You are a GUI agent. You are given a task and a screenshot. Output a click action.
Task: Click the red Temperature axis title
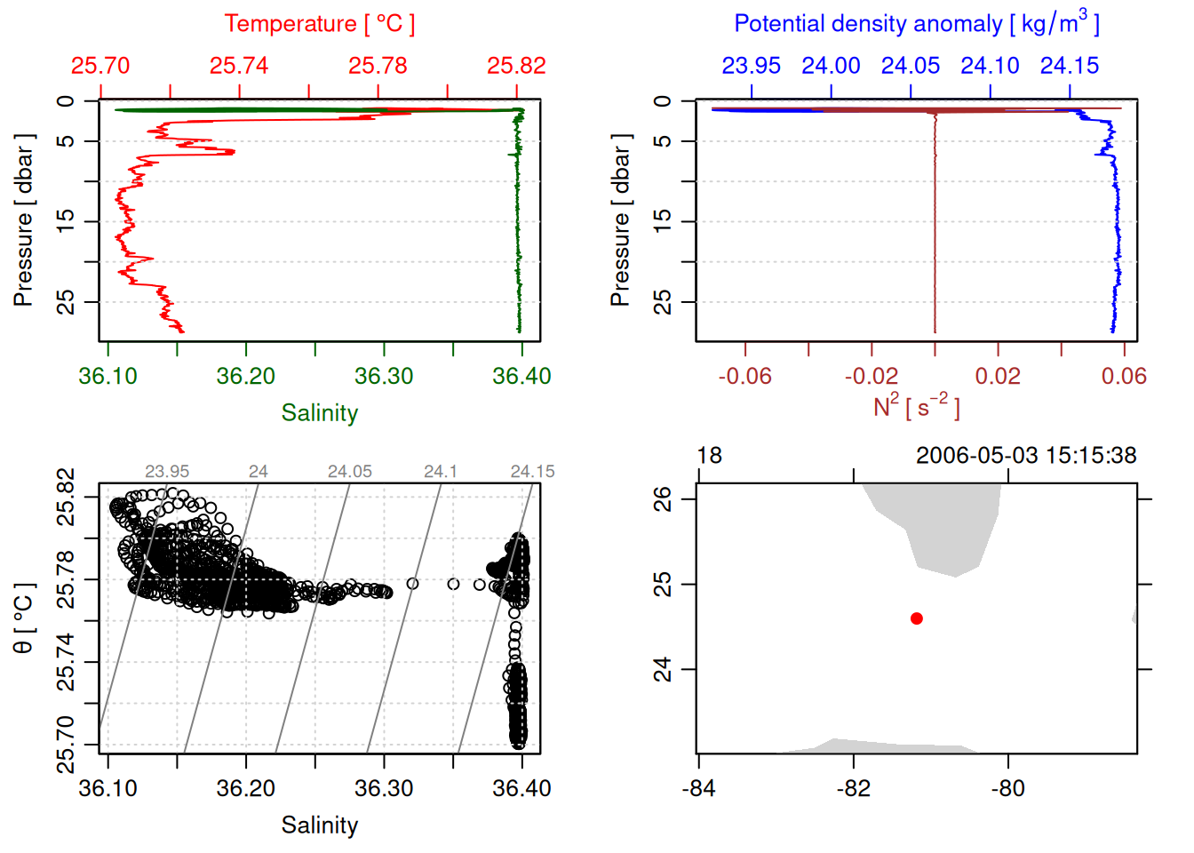[x=319, y=24]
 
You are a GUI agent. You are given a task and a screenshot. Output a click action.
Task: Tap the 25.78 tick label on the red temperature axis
[x=378, y=66]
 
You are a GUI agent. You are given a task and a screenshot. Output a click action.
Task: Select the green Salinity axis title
[x=319, y=413]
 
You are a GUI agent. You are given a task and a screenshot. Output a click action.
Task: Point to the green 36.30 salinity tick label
[x=384, y=377]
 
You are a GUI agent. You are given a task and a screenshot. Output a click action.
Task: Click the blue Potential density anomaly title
[x=916, y=23]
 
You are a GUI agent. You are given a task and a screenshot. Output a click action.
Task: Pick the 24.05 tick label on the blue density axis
[x=911, y=66]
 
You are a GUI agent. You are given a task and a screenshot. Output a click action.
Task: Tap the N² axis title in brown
[x=916, y=407]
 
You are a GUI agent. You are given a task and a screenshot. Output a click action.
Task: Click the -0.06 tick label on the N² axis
[x=744, y=377]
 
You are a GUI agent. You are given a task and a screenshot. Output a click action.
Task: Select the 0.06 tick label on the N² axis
[x=1124, y=377]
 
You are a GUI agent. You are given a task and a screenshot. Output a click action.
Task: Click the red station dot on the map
[x=917, y=618]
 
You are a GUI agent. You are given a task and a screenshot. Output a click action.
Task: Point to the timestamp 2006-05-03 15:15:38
[x=1026, y=456]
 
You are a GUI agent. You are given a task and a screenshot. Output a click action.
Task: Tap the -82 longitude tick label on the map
[x=854, y=789]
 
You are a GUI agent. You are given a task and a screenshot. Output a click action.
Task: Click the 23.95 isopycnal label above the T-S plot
[x=167, y=472]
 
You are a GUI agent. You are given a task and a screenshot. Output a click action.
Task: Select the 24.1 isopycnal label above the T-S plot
[x=441, y=472]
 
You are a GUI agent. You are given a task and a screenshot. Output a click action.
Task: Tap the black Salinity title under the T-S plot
[x=319, y=825]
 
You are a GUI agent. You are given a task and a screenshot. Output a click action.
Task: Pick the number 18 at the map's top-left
[x=710, y=456]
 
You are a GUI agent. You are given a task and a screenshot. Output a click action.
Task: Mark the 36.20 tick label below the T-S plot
[x=246, y=789]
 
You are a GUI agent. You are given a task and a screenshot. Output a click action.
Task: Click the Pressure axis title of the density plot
[x=620, y=220]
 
